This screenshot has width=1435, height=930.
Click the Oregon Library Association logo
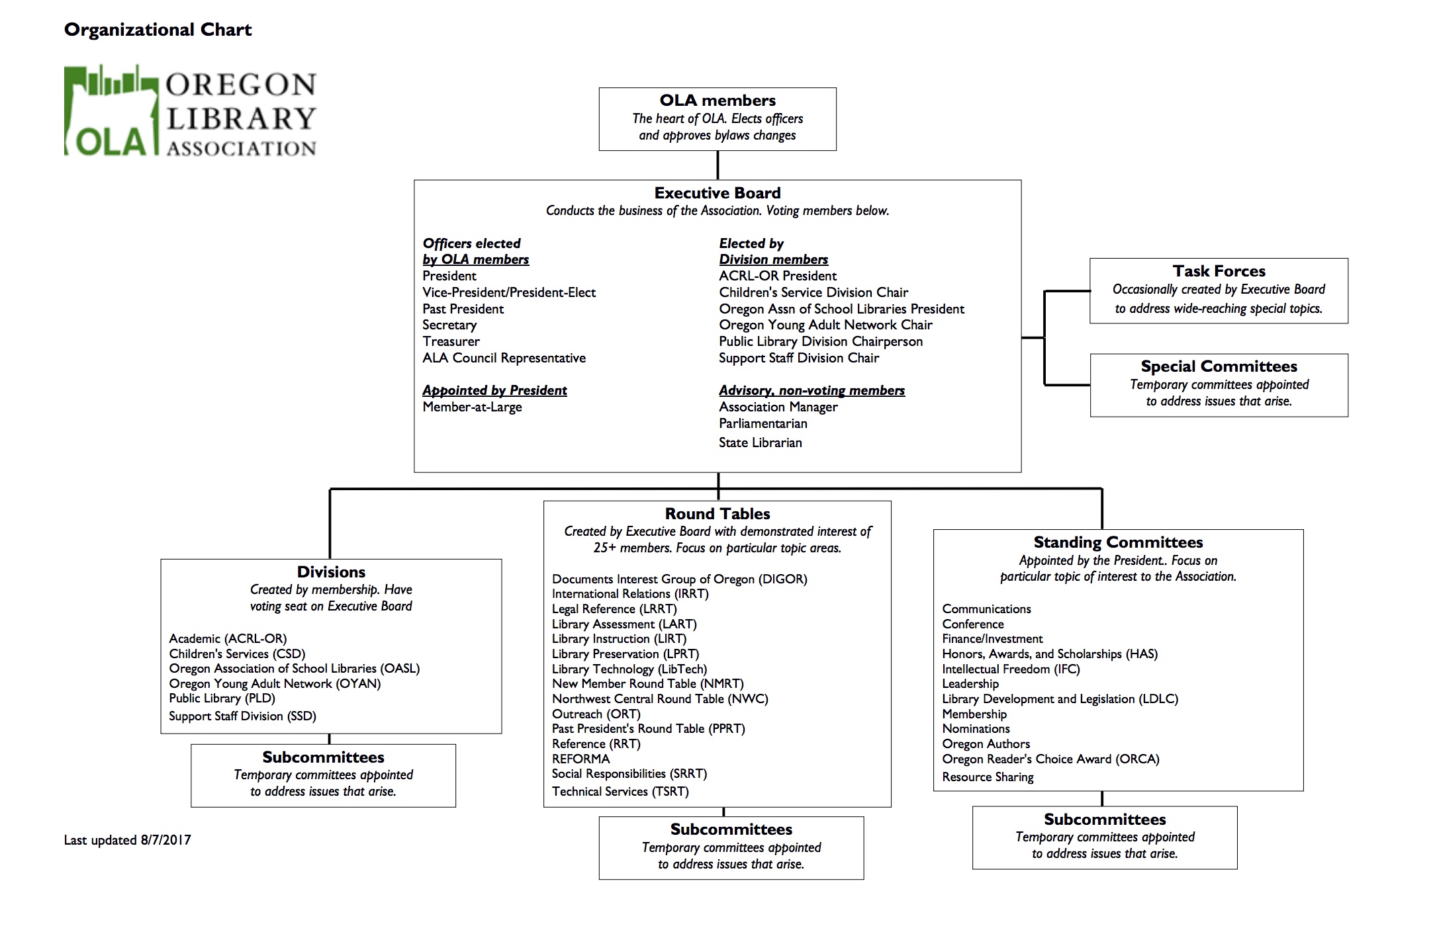[x=190, y=110]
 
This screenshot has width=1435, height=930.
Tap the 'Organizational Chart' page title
[x=158, y=30]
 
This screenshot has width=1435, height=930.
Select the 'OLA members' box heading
[x=718, y=101]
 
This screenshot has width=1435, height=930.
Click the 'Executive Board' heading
[x=718, y=193]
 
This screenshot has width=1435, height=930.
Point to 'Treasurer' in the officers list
[x=451, y=341]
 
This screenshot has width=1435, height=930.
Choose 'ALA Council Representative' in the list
[x=504, y=358]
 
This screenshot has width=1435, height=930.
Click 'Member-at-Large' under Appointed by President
[x=472, y=407]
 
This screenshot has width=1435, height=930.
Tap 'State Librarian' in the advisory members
[x=760, y=443]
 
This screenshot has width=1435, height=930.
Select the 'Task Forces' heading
[x=1219, y=271]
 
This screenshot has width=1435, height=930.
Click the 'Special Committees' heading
[x=1219, y=366]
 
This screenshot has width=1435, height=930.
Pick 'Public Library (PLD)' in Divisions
[x=222, y=698]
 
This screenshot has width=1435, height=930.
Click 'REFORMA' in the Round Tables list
[x=580, y=759]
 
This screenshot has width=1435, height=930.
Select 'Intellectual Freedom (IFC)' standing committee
[x=1011, y=669]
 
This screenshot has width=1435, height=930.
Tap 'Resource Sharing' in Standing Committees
[x=988, y=777]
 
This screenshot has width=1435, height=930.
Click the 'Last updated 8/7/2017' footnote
[x=127, y=840]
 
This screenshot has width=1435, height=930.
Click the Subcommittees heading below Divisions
[x=323, y=757]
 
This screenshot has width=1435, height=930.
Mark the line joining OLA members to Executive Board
[x=718, y=165]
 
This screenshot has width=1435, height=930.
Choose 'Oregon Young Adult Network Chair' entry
[x=825, y=325]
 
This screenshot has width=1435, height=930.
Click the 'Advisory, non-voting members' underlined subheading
[x=811, y=390]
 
